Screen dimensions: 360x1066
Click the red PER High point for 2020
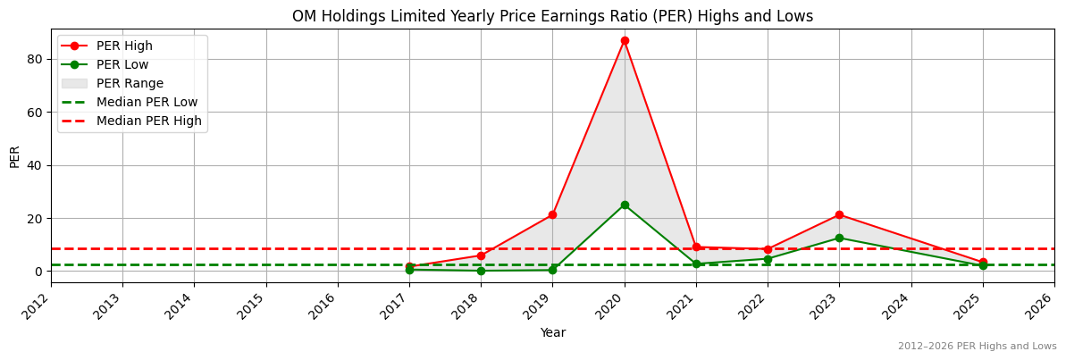click(625, 40)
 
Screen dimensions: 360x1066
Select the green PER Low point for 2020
click(625, 205)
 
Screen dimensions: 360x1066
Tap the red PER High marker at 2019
click(552, 215)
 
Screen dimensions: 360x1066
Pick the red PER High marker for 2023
click(839, 215)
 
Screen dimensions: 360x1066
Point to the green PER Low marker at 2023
click(839, 238)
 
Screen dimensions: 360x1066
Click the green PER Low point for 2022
click(768, 259)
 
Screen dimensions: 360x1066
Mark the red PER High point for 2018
click(481, 255)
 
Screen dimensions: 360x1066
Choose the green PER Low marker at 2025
click(983, 265)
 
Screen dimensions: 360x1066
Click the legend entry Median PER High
click(148, 121)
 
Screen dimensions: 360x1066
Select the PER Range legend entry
click(130, 83)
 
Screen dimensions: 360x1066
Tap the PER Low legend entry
click(122, 64)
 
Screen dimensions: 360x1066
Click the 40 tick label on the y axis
click(37, 165)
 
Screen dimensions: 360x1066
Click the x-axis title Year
click(552, 332)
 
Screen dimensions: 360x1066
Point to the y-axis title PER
click(15, 156)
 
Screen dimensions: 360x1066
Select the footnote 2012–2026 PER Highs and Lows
click(977, 347)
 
